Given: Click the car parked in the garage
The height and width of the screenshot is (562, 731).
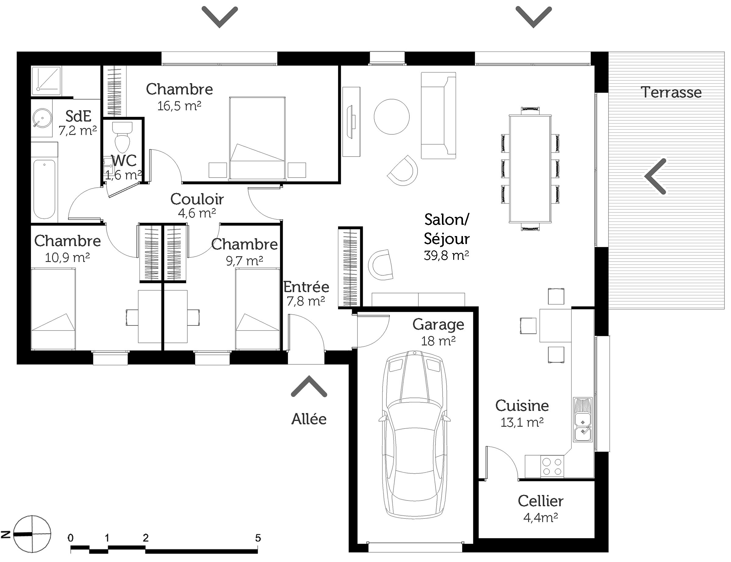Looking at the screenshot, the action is pyautogui.click(x=415, y=435).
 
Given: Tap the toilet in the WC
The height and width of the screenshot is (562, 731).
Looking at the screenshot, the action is pyautogui.click(x=122, y=137).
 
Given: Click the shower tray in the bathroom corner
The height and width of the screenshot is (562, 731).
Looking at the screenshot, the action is pyautogui.click(x=47, y=80).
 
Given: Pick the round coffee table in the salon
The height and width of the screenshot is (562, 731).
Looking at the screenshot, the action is pyautogui.click(x=392, y=117).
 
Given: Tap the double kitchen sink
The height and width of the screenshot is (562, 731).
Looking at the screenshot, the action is pyautogui.click(x=583, y=419).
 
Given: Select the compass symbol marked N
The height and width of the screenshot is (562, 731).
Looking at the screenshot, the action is pyautogui.click(x=32, y=534).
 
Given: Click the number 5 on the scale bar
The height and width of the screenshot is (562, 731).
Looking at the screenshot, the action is pyautogui.click(x=258, y=538).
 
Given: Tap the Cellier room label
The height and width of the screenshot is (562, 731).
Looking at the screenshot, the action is pyautogui.click(x=541, y=501).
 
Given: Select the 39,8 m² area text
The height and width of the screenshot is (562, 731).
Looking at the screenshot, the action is pyautogui.click(x=447, y=255).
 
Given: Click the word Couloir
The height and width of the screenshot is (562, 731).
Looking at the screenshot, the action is pyautogui.click(x=197, y=200).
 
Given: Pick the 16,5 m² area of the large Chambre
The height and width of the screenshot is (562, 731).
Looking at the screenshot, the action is pyautogui.click(x=179, y=106).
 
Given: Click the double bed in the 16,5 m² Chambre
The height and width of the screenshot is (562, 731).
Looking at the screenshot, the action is pyautogui.click(x=257, y=138).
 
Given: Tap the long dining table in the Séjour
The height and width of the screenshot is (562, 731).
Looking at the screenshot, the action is pyautogui.click(x=530, y=169).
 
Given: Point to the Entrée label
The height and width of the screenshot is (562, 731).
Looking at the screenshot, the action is pyautogui.click(x=306, y=287).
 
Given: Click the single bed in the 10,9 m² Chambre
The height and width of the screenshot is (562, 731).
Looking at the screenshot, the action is pyautogui.click(x=53, y=309).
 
